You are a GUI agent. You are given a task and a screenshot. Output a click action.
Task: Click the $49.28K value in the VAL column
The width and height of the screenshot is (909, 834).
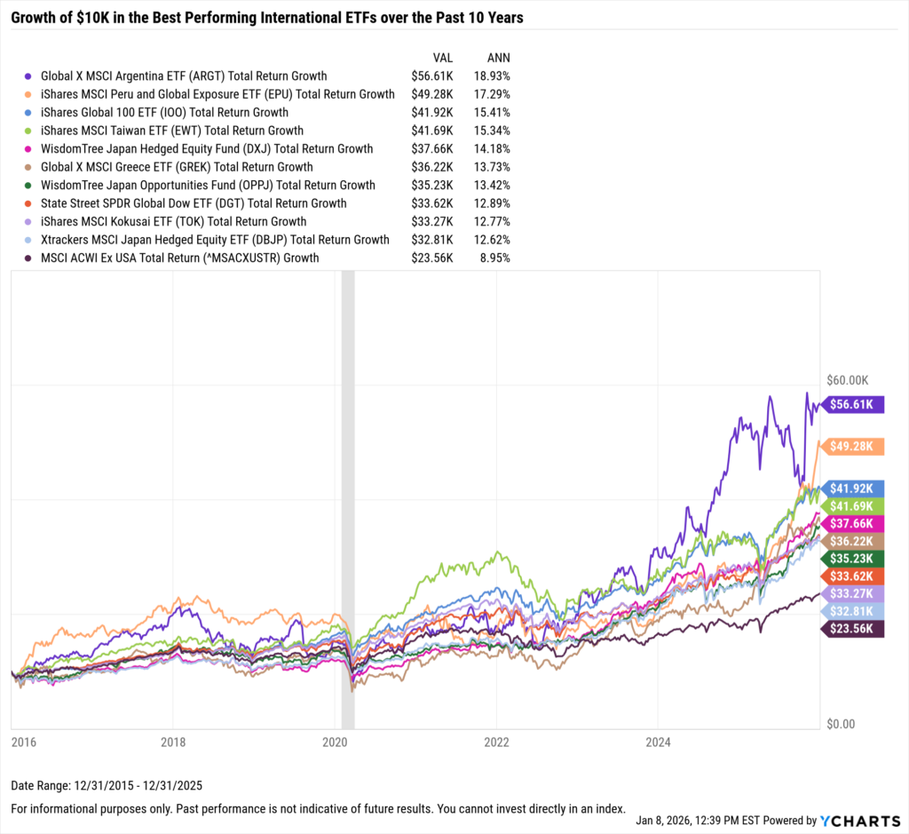(x=432, y=94)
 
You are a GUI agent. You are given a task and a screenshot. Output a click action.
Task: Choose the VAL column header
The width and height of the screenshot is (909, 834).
(x=442, y=57)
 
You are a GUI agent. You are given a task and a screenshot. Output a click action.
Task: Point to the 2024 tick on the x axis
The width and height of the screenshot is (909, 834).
(x=658, y=741)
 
